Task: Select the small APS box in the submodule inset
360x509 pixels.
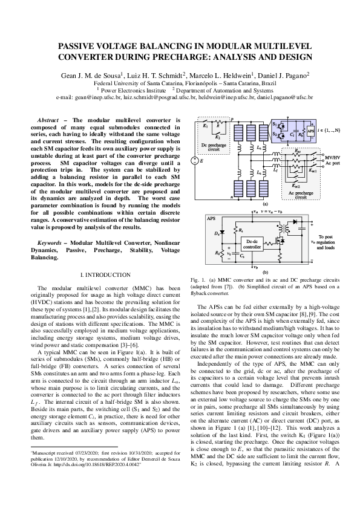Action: pos(311,130)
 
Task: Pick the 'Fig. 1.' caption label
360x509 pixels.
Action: pos(197,281)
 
